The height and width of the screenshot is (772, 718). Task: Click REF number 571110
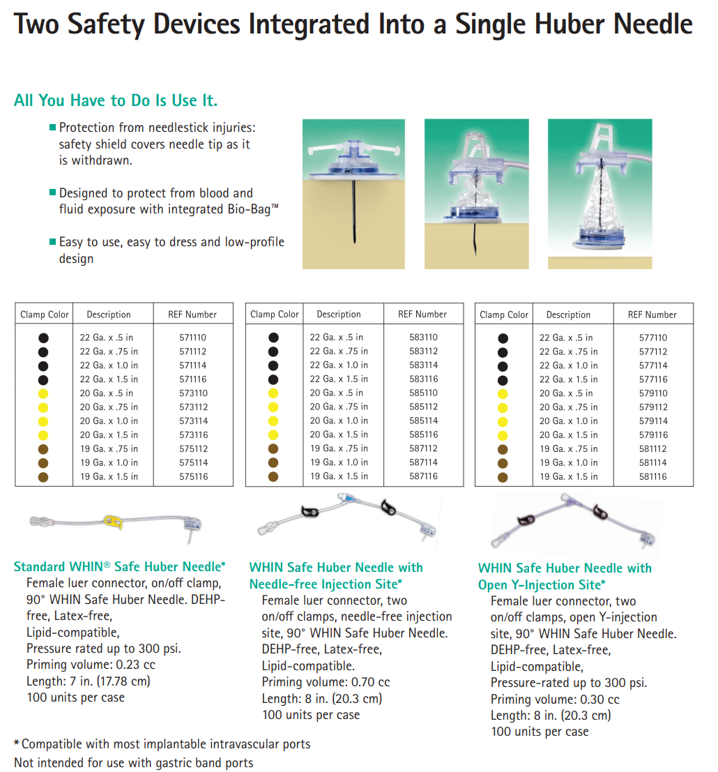(x=192, y=338)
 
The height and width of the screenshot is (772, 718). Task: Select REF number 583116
(x=423, y=379)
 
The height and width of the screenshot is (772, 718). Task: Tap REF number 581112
(x=653, y=449)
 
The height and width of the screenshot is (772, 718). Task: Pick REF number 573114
(x=193, y=421)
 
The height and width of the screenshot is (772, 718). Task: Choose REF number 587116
(x=423, y=476)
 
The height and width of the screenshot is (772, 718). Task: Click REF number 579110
(x=653, y=393)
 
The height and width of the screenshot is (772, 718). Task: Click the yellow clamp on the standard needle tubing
(x=113, y=522)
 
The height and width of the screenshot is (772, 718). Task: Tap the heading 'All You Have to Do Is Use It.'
(x=116, y=100)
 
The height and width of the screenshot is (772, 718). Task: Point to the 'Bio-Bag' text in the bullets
(x=250, y=209)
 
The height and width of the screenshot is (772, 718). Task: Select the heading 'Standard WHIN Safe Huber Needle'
(x=120, y=567)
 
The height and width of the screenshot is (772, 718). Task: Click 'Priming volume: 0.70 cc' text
(x=326, y=682)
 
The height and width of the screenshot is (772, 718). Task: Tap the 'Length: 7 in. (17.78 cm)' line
(x=89, y=681)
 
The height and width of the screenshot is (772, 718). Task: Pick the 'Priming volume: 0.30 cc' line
(x=555, y=699)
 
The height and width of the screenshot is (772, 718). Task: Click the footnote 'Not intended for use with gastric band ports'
(x=133, y=763)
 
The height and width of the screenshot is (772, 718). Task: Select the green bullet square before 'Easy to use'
(x=53, y=241)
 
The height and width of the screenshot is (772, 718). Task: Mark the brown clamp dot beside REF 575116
(x=43, y=477)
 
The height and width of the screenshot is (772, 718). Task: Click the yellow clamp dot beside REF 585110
(x=273, y=393)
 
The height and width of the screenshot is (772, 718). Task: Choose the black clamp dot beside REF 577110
(x=503, y=338)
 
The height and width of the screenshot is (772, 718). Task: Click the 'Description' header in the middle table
(x=339, y=314)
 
